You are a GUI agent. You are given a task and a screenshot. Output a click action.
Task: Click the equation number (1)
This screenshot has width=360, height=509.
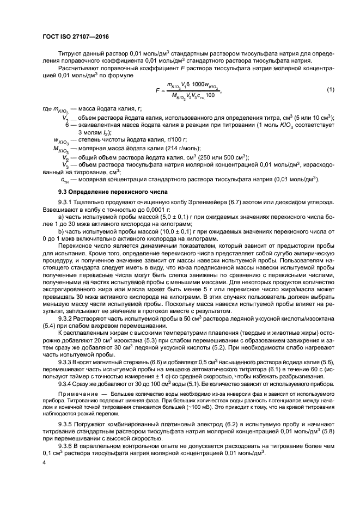coord(330,89)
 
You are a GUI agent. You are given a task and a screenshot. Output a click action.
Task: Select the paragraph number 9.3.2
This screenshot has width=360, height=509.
coord(67,317)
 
